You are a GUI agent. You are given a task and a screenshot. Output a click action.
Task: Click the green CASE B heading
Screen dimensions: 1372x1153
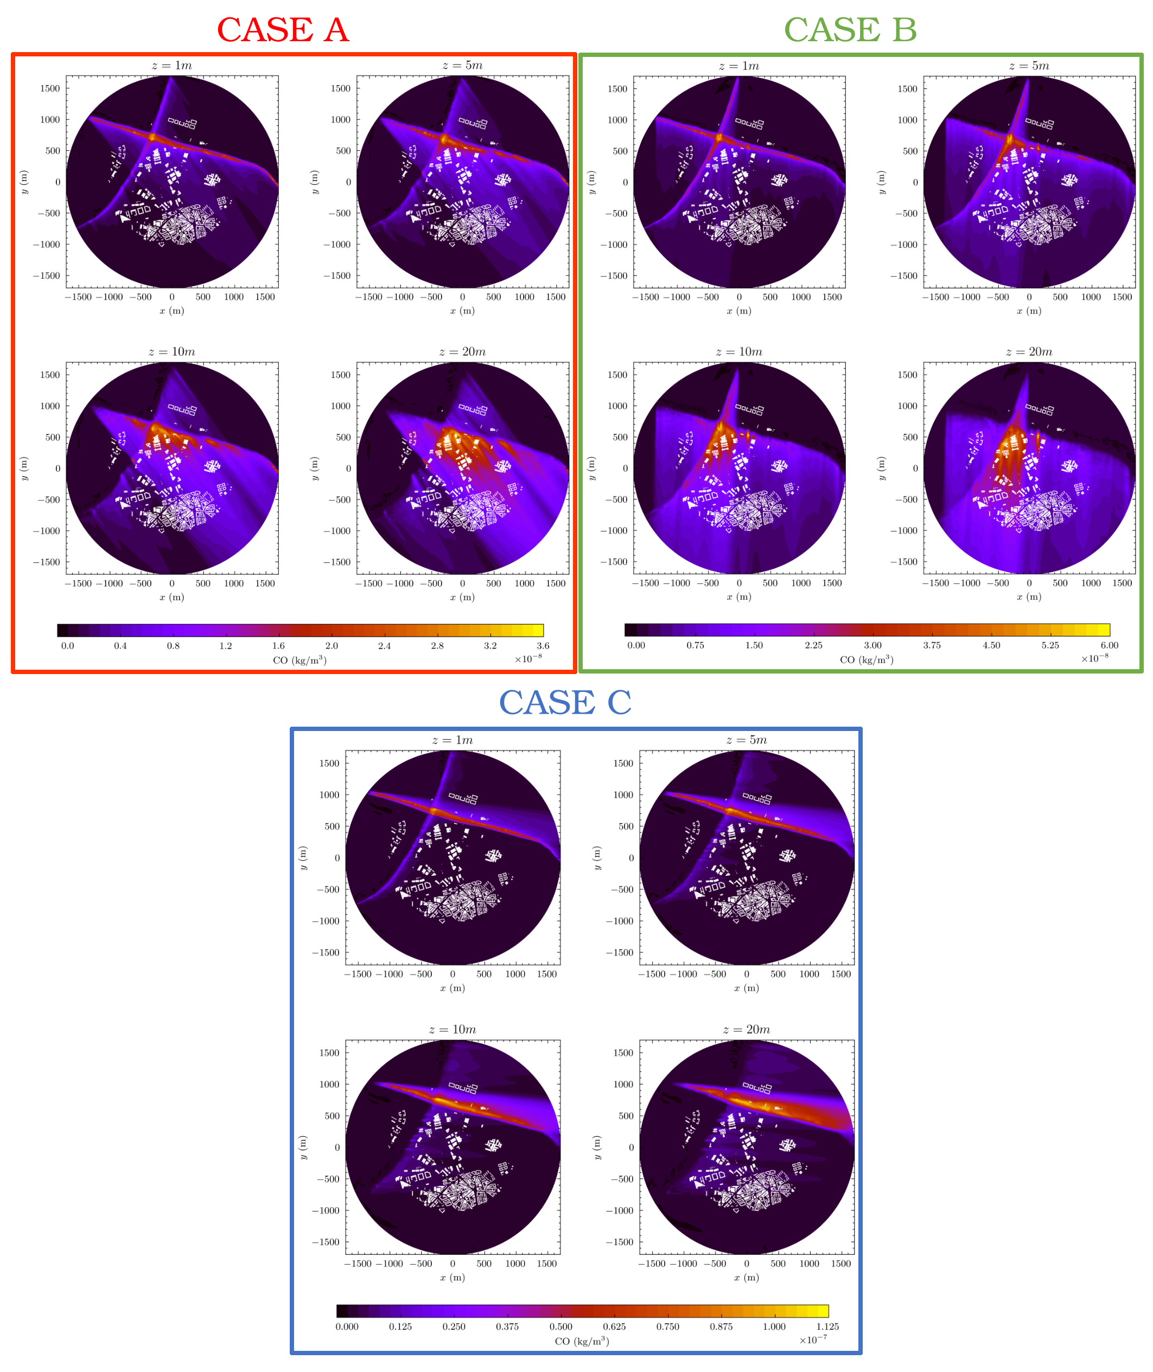click(850, 30)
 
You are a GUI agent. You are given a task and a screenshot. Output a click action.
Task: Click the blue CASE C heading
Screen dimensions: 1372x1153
click(565, 703)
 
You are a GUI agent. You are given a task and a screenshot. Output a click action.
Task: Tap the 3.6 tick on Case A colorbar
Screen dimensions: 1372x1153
click(543, 645)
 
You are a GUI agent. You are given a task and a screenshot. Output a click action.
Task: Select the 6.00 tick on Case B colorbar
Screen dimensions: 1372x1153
click(1109, 645)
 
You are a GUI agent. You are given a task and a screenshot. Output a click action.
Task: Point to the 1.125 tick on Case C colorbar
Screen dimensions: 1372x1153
click(827, 1326)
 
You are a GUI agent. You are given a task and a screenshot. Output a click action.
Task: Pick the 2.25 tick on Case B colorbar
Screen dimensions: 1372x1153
click(813, 645)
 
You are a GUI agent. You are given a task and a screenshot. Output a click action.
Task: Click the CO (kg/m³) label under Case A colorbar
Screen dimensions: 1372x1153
click(300, 660)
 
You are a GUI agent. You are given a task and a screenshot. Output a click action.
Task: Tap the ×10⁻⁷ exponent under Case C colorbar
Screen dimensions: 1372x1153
click(812, 1339)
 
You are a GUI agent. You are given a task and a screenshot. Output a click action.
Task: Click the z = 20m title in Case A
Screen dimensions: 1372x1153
click(462, 352)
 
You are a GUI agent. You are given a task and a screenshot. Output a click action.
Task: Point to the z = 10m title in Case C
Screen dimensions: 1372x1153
click(453, 1030)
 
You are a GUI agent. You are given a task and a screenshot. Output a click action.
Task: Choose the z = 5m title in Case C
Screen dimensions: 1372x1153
click(747, 740)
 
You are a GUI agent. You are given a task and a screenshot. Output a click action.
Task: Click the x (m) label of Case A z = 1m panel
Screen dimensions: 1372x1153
click(172, 311)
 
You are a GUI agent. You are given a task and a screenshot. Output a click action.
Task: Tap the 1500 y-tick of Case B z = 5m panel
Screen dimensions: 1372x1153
click(907, 89)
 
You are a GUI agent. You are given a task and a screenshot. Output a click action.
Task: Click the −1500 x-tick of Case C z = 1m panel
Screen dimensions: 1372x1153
click(358, 974)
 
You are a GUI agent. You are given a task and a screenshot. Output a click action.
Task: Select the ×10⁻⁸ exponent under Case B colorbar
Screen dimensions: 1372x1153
click(1094, 658)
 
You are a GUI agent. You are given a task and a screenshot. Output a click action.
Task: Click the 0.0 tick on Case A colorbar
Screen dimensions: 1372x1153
click(67, 645)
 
